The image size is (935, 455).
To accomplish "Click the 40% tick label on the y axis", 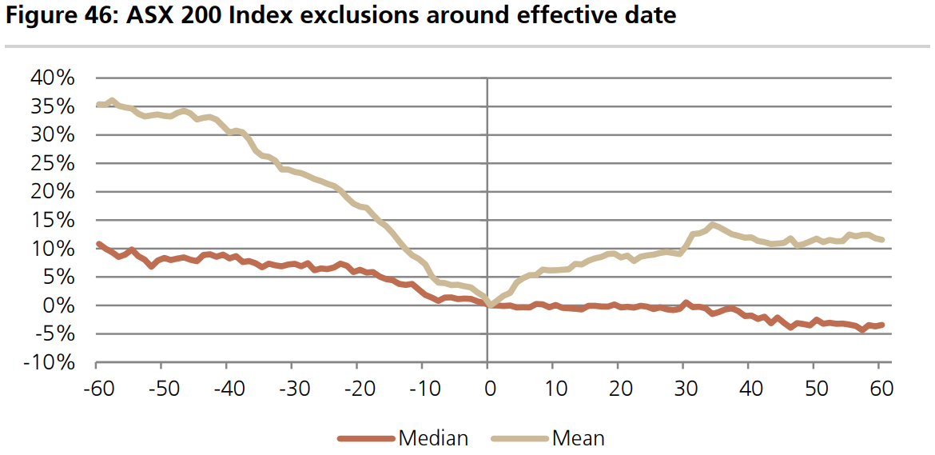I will point(52,78).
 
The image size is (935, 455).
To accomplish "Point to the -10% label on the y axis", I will point(49,363).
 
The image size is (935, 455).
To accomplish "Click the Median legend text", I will point(433,437).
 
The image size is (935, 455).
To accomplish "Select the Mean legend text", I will point(578,437).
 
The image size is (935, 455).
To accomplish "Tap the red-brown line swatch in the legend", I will point(366,438).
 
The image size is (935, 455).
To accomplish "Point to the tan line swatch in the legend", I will point(519,438).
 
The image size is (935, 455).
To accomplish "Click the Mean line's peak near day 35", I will point(713,225).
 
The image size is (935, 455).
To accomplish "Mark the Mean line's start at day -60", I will point(97,105).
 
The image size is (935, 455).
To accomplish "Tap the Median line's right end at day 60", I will point(881,325).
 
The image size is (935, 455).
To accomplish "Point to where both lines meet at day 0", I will point(487,305).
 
